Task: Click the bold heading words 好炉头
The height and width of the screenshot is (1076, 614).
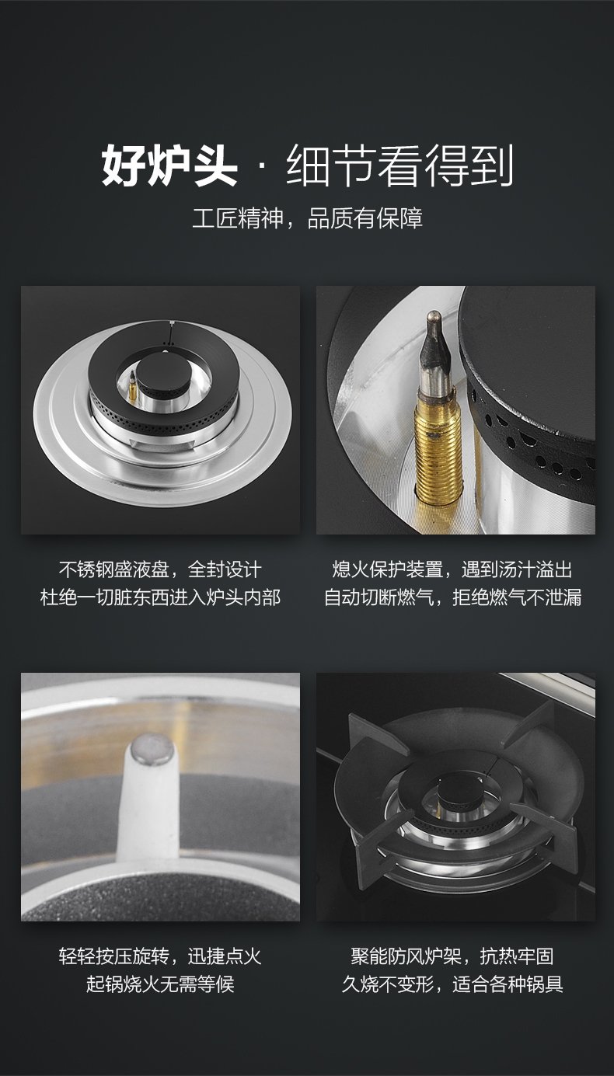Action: click(169, 165)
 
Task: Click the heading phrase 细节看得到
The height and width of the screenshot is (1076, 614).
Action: click(399, 165)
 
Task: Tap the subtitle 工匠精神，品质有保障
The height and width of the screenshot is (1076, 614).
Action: click(308, 218)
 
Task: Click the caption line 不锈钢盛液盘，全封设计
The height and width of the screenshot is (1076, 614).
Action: click(160, 569)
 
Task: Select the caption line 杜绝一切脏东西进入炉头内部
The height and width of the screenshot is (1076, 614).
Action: click(160, 597)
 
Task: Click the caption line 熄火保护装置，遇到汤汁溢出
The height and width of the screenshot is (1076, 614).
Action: click(452, 569)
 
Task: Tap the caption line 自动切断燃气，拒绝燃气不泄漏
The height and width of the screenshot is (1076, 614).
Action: click(452, 597)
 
